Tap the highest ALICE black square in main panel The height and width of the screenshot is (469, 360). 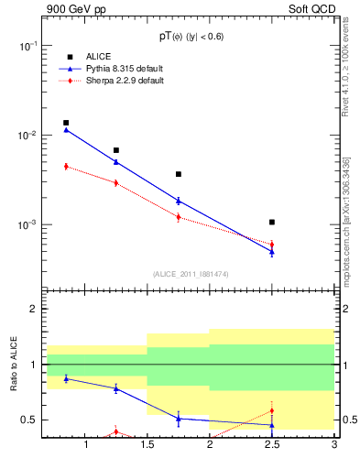(66, 123)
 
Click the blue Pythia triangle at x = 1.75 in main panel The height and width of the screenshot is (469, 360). (179, 201)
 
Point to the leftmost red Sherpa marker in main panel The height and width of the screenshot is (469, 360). (66, 166)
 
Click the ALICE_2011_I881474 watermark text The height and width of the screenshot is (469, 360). (190, 274)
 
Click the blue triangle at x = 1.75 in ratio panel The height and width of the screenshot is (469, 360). (179, 418)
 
